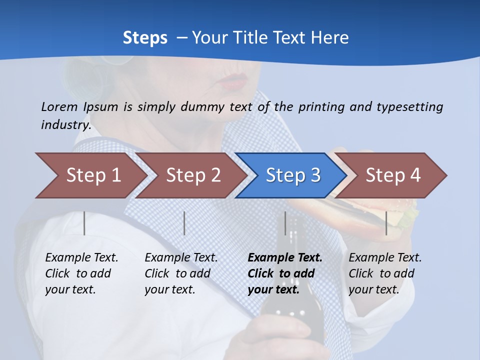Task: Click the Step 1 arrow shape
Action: pyautogui.click(x=90, y=175)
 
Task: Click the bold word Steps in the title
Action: pyautogui.click(x=145, y=38)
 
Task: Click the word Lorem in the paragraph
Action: pyautogui.click(x=59, y=106)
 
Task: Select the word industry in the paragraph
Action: pyautogui.click(x=65, y=125)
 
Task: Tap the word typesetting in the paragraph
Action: pyautogui.click(x=409, y=107)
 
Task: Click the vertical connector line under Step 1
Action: pyautogui.click(x=84, y=223)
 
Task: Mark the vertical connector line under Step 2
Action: pyautogui.click(x=184, y=223)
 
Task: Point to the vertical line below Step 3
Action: pyautogui.click(x=285, y=223)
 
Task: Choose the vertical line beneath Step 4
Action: pyautogui.click(x=386, y=223)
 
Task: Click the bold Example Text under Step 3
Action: pyautogui.click(x=285, y=258)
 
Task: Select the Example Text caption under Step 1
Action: pyautogui.click(x=81, y=258)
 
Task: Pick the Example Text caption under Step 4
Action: pyautogui.click(x=385, y=258)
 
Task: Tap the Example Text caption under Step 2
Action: pyautogui.click(x=181, y=258)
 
